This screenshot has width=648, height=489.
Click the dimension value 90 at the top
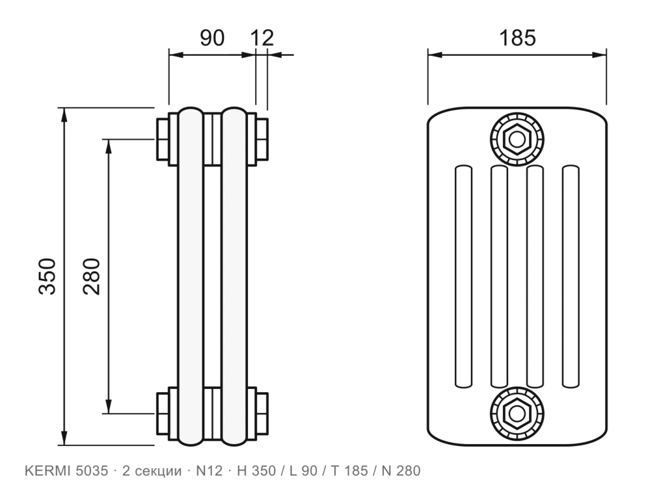click(x=213, y=37)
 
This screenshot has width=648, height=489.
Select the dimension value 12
click(x=262, y=37)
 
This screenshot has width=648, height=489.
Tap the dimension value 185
click(x=518, y=37)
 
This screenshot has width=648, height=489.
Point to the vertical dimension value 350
click(x=47, y=276)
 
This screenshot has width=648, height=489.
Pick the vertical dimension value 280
click(x=91, y=276)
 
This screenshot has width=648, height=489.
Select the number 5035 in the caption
click(x=92, y=471)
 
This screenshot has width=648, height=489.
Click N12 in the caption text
click(x=209, y=471)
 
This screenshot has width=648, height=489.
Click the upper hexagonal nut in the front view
click(x=516, y=139)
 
